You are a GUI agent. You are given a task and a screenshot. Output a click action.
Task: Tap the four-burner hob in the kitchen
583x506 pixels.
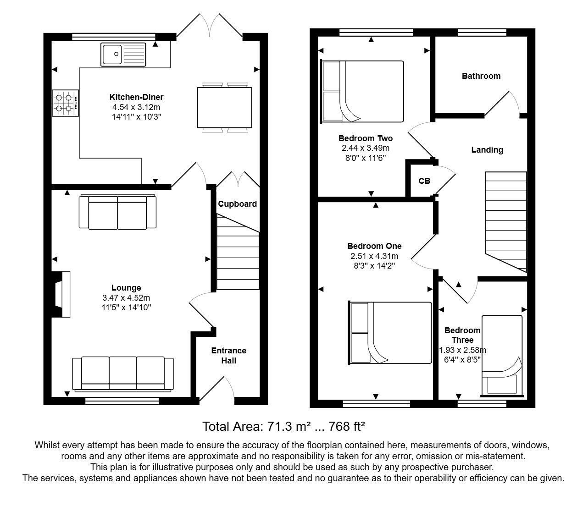[x=65, y=103]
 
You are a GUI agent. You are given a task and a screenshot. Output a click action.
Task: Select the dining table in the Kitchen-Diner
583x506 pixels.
[x=224, y=107]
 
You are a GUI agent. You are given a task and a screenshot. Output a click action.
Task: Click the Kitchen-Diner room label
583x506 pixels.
[x=136, y=97]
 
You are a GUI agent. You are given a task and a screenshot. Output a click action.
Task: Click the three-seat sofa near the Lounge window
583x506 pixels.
[x=123, y=374]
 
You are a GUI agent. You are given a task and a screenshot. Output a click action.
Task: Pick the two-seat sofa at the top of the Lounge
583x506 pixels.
[x=117, y=212]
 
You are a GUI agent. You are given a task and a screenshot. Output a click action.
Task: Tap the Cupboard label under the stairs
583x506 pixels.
[x=237, y=204]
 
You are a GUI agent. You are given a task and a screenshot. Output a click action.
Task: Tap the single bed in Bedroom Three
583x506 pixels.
[x=502, y=355]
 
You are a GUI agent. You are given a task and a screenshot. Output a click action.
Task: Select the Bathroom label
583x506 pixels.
[x=481, y=76]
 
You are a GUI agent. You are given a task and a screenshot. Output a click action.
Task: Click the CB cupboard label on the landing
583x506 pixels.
[x=424, y=181]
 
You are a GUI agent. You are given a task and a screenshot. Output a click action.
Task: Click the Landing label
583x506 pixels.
[x=487, y=150]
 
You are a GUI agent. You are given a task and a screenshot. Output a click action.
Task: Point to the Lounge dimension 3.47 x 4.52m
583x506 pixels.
[x=126, y=298]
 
